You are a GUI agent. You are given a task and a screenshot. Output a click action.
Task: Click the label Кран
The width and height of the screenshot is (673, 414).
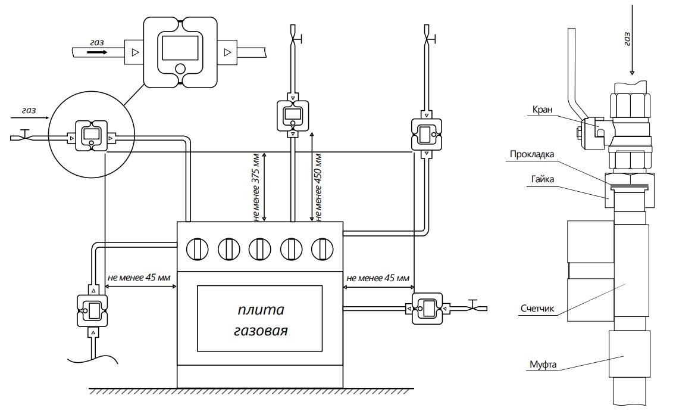542,110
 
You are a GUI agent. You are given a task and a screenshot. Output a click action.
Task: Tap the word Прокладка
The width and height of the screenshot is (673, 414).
532,154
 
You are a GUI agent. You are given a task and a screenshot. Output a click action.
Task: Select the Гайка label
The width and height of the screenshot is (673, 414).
543,179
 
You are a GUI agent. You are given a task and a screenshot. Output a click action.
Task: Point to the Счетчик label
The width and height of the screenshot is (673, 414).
537,309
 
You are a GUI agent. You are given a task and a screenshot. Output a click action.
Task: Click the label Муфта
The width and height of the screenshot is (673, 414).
543,365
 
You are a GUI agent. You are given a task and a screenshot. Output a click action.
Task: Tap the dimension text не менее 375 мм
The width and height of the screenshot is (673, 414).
256,187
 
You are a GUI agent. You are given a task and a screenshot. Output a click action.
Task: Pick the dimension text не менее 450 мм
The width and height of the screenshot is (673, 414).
318,187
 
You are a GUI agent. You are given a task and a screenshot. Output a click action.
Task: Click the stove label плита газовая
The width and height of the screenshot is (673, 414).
261,320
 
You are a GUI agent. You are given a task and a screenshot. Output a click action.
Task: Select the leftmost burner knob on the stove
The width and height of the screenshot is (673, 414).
198,249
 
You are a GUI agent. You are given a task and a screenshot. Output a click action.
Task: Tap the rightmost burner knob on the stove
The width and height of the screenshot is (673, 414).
323,249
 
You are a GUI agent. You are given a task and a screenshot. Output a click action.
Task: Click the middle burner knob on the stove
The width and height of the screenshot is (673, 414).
260,249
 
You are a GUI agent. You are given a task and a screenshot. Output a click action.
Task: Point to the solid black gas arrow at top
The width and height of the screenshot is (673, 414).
97,52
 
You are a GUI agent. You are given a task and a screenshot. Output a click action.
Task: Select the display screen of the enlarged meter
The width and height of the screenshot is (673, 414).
180,48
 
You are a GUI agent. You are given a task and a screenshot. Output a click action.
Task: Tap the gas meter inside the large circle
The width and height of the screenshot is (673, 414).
92,136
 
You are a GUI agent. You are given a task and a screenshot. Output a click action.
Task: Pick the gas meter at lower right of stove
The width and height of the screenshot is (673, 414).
427,309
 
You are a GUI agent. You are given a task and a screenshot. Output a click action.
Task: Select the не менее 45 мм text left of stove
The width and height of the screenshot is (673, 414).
139,278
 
